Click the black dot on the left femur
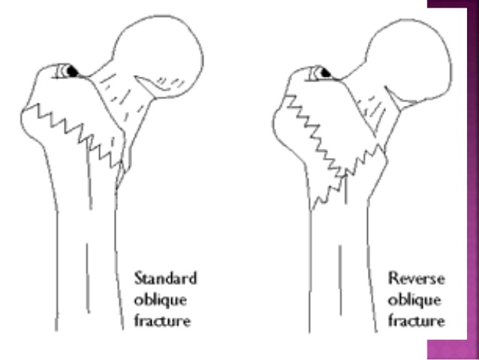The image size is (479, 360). pyautogui.click(x=71, y=71)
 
